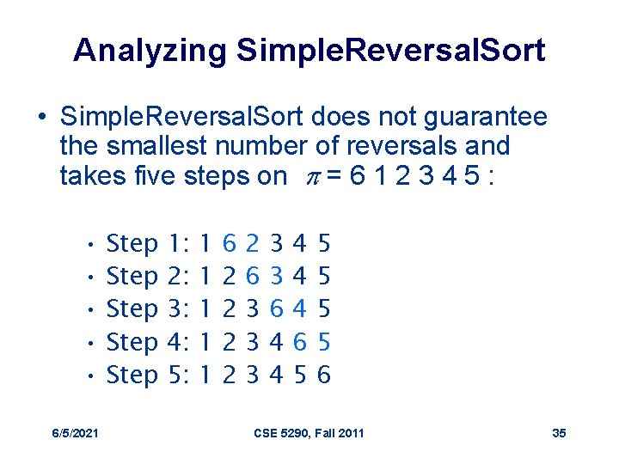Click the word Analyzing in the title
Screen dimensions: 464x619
pos(150,51)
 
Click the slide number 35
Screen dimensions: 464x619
pos(559,432)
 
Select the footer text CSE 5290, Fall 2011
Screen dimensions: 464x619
pos(309,432)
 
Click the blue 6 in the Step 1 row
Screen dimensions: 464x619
pos(229,244)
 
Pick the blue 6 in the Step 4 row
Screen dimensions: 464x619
pos(300,342)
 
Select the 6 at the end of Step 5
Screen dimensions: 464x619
pos(323,375)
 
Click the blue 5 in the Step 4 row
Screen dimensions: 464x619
pos(323,342)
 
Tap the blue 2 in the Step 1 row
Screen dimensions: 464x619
pos(252,244)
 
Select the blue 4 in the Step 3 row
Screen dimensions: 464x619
pos(300,309)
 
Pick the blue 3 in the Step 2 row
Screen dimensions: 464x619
pos(276,277)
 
